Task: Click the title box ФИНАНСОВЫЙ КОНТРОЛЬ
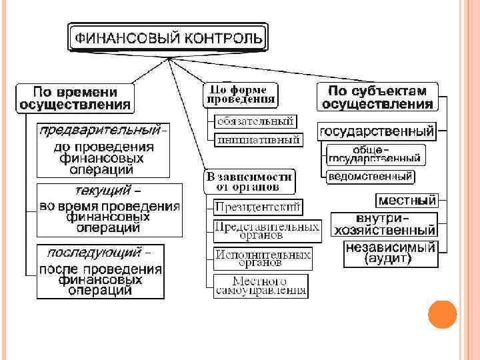point(168,37)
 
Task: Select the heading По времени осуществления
point(75,97)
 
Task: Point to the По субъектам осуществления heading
point(377,97)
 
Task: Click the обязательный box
point(255,121)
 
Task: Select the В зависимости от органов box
point(249,181)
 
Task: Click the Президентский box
point(258,207)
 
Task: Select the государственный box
point(377,131)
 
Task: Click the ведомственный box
point(370,177)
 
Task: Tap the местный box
point(407,199)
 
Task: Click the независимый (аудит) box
point(390,253)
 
